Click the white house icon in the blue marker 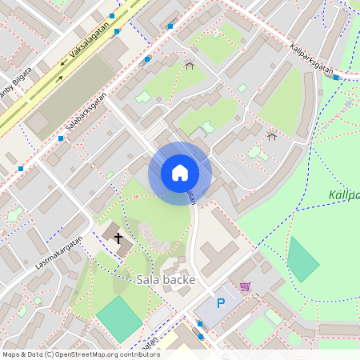pos(179,173)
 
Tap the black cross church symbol pos(119,238)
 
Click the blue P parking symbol pos(221,304)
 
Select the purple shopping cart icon pos(245,286)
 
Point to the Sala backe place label pos(165,279)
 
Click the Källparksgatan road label pos(311,59)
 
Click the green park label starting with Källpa pos(343,195)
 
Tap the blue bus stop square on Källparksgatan pos(336,78)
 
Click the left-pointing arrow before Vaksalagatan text pos(63,62)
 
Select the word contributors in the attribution pos(140,354)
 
